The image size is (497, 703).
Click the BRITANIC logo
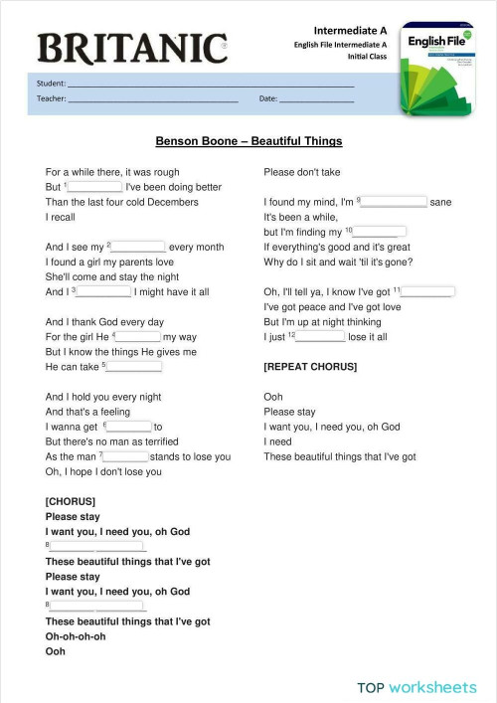[x=132, y=47]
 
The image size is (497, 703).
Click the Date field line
[x=315, y=99]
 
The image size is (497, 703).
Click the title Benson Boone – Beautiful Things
[x=248, y=141]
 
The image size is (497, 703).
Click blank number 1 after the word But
[x=94, y=187]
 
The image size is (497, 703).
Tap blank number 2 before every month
[x=138, y=247]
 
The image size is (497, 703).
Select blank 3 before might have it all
[x=103, y=291]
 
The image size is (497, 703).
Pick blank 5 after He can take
[x=133, y=367]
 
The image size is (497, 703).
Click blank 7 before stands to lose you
[x=126, y=456]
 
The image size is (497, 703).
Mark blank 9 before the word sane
[x=394, y=202]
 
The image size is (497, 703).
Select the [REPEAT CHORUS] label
[x=309, y=367]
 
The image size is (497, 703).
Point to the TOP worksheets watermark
[x=416, y=687]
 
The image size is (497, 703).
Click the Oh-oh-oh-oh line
[x=76, y=636]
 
